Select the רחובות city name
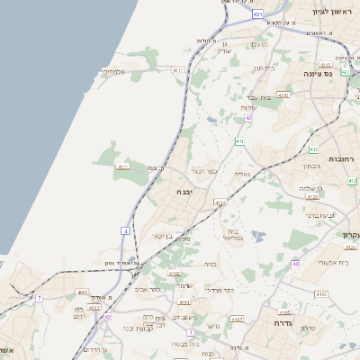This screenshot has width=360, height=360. click(x=343, y=158)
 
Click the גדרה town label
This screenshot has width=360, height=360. click(x=274, y=319)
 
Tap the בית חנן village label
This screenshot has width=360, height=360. click(x=263, y=67)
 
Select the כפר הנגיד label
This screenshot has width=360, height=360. click(x=205, y=170)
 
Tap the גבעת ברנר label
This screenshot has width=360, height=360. click(x=320, y=216)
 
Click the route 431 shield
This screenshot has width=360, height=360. click(x=258, y=15)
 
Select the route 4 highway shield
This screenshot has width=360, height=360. click(x=125, y=231)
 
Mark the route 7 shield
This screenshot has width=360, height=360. click(x=39, y=297)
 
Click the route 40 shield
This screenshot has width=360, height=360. click(x=295, y=264)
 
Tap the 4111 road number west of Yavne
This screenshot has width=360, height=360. click(x=123, y=166)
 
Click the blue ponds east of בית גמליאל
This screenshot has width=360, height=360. click(x=258, y=237)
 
